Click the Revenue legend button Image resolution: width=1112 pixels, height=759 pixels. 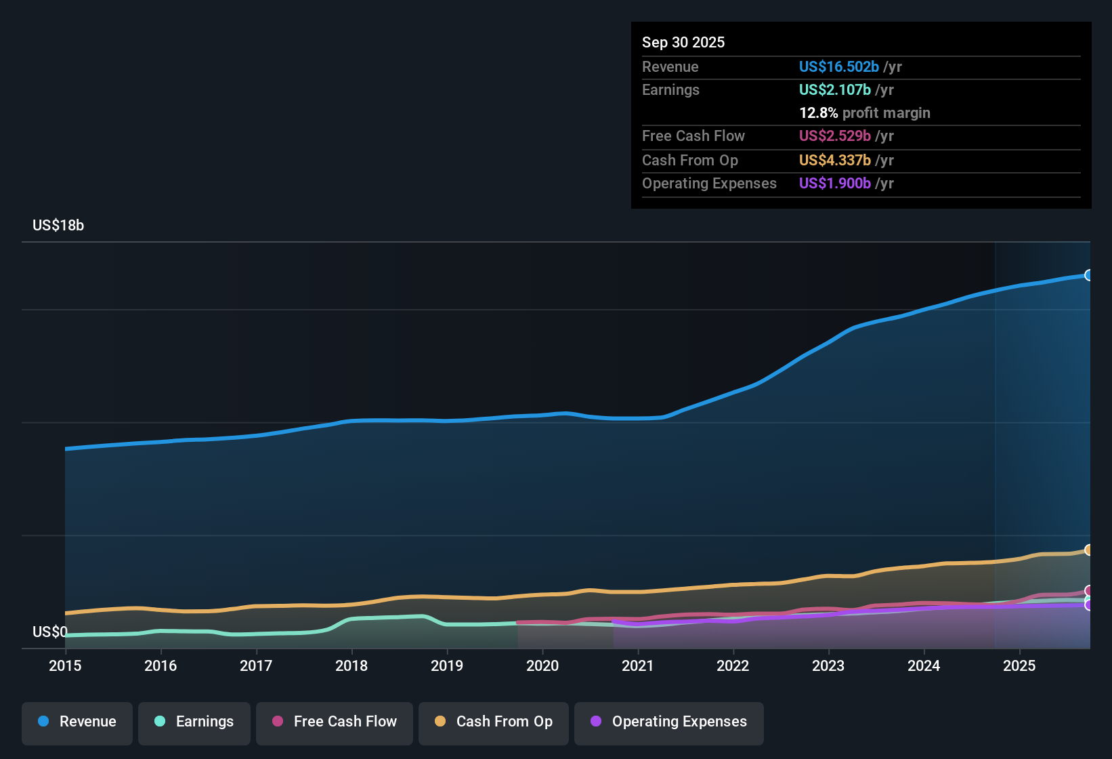pos(77,722)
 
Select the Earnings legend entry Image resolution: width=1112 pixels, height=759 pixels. pos(194,722)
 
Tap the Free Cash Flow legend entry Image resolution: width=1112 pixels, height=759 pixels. pos(335,722)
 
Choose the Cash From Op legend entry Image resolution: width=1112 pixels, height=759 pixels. pos(494,722)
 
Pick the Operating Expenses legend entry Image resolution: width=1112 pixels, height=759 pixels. pos(669,722)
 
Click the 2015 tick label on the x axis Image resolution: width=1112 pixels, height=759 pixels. pos(65,665)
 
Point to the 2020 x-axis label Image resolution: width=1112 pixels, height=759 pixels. pos(542,665)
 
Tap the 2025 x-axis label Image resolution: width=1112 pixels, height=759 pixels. pos(1019,665)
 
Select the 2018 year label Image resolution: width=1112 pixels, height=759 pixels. pos(351,665)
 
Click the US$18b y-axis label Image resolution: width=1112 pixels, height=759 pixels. pos(58,226)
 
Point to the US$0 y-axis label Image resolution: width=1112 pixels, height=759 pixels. pos(50,632)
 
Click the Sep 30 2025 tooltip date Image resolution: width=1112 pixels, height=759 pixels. pos(683,42)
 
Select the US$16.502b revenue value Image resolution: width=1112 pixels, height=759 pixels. pos(838,66)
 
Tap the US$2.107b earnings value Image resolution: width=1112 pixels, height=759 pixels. pos(834,89)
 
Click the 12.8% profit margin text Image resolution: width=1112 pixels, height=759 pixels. pos(864,112)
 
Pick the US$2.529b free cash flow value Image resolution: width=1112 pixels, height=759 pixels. pos(834,136)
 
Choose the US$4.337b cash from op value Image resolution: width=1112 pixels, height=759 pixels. pos(834,160)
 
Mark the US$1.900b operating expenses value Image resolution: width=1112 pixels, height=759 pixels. pos(834,183)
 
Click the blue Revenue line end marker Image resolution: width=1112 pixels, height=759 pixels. pos(1088,275)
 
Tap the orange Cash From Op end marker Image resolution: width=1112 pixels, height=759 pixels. pos(1088,550)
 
